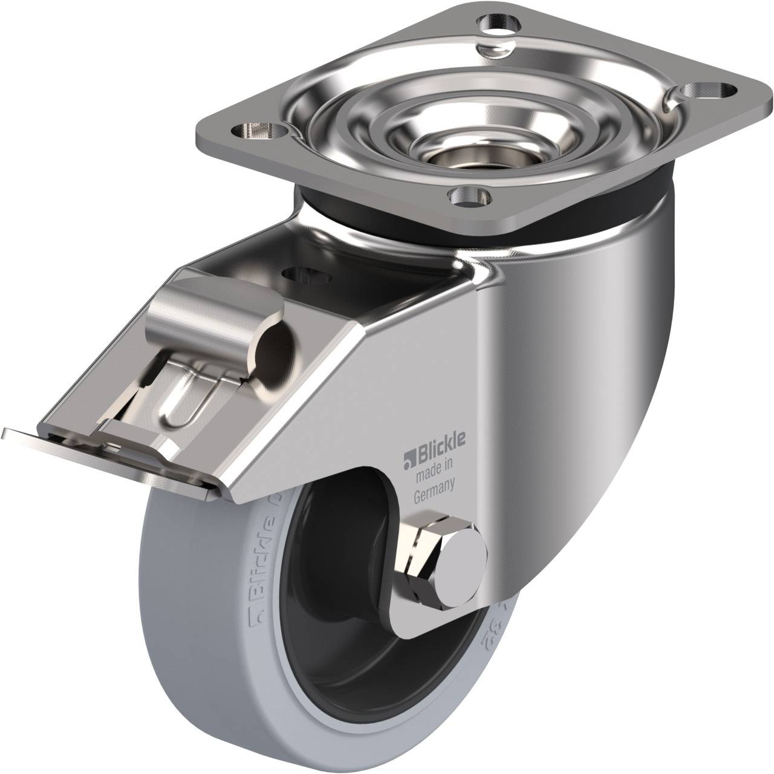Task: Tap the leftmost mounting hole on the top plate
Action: (258, 129)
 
